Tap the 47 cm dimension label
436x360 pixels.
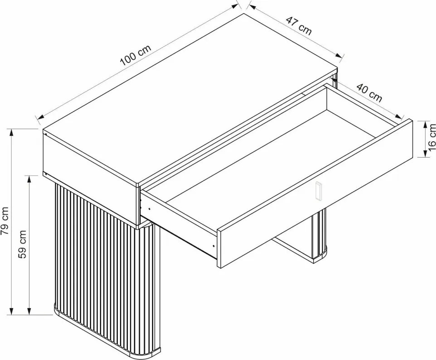pyautogui.click(x=299, y=26)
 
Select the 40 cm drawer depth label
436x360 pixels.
pyautogui.click(x=369, y=93)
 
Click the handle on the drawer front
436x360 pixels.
pyautogui.click(x=318, y=191)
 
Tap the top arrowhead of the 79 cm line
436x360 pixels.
pyautogui.click(x=11, y=132)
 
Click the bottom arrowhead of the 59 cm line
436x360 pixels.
pyautogui.click(x=29, y=311)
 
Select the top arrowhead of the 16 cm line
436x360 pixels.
pyautogui.click(x=425, y=125)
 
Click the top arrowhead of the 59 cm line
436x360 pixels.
pyautogui.click(x=29, y=179)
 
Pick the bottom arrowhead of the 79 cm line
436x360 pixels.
pyautogui.click(x=11, y=311)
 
